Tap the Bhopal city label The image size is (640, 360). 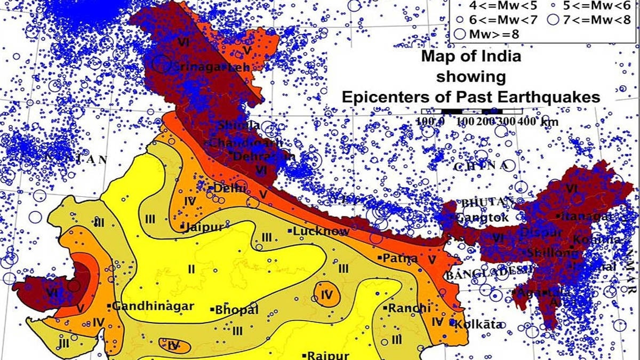pos(236,310)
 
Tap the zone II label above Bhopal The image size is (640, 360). pos(191,269)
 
